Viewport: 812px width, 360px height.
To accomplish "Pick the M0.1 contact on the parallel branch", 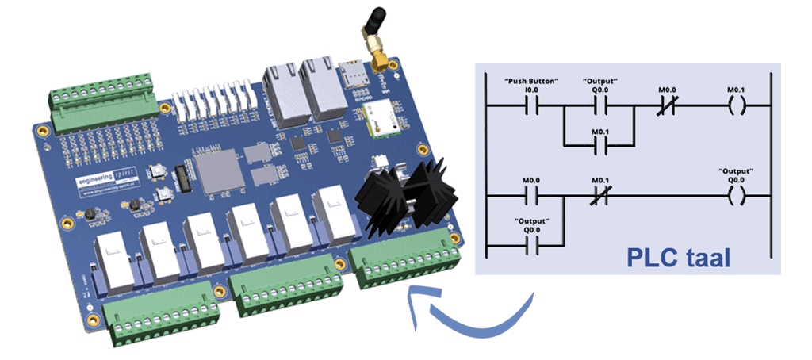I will (599, 145).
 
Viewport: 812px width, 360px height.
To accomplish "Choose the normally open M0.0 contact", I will (532, 194).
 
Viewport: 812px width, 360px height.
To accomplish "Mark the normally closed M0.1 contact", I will (599, 194).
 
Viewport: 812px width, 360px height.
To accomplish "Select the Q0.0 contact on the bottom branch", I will (532, 247).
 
